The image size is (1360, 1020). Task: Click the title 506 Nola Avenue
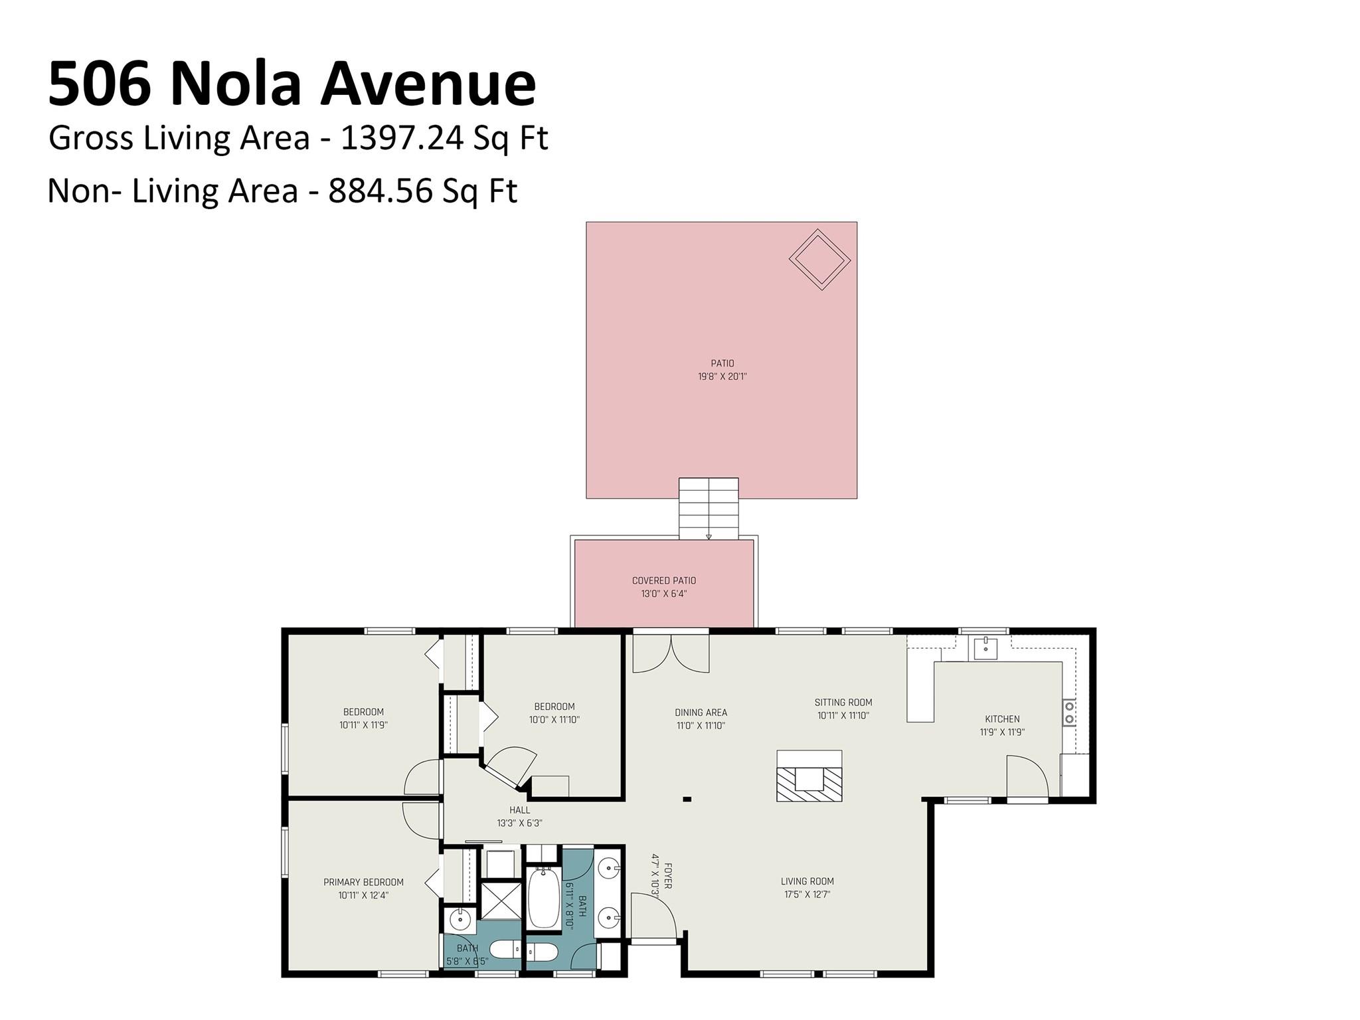tap(292, 83)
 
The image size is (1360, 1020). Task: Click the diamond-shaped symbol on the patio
tap(819, 260)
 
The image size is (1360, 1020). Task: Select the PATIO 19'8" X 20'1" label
tap(722, 370)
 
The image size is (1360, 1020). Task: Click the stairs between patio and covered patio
tap(708, 508)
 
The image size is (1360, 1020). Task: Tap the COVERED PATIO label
tap(663, 587)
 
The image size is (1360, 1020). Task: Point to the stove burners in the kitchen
tap(1069, 713)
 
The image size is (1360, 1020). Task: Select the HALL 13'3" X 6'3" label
tap(519, 816)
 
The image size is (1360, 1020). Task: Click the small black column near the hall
tap(687, 799)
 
